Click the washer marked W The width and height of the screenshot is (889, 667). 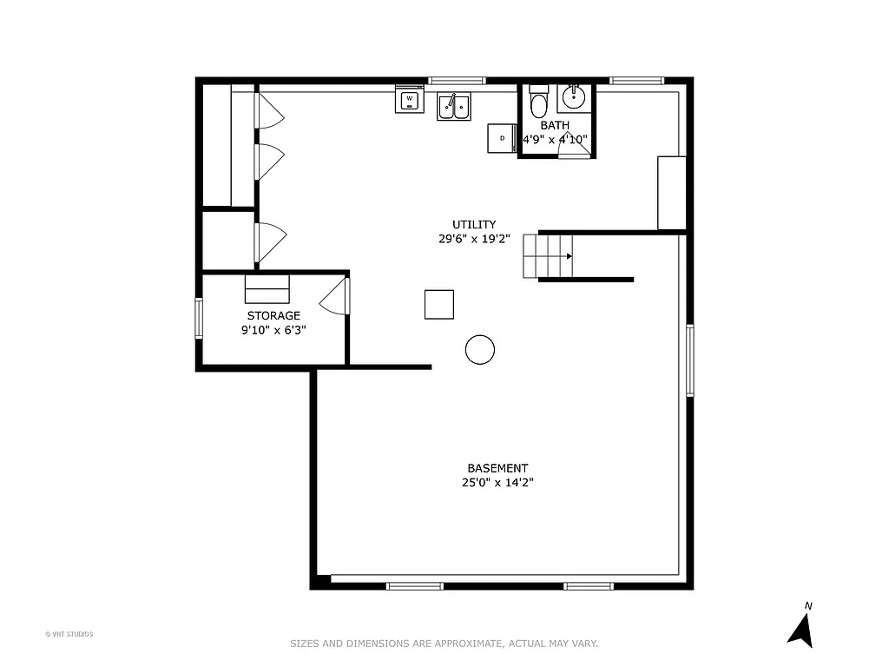coord(409,100)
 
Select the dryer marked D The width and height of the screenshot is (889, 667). coord(502,138)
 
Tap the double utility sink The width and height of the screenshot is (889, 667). coord(453,107)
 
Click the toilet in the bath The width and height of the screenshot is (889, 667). coord(538,103)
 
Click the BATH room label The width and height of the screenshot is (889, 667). coord(555,125)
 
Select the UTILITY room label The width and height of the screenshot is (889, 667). coord(474,224)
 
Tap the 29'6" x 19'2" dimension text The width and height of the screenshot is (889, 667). coord(474,238)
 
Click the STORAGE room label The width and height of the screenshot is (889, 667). coord(273,315)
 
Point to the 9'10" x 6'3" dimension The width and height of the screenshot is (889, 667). coord(273,330)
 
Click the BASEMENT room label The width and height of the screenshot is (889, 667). coord(497,468)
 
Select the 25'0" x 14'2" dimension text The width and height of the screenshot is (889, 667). coord(497,483)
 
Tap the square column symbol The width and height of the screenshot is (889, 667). coord(439,304)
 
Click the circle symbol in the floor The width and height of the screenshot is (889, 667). coord(480,349)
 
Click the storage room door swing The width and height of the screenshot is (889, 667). coord(335,295)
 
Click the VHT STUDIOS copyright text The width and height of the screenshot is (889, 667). coord(69,634)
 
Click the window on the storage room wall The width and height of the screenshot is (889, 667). coord(198,317)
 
